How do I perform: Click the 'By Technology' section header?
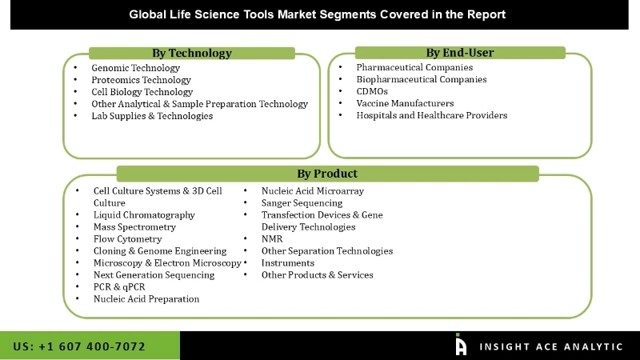[x=192, y=53]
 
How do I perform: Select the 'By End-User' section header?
[x=459, y=53]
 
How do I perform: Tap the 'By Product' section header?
[x=327, y=174]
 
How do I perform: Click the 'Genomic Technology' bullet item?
[x=135, y=68]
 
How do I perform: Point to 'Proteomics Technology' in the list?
[x=141, y=80]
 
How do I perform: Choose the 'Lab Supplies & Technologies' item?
[x=152, y=116]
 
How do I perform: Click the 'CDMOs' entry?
[x=372, y=91]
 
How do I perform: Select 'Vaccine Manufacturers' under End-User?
[x=405, y=103]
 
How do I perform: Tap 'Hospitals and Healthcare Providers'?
[x=431, y=115]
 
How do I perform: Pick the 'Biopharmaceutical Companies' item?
[x=421, y=79]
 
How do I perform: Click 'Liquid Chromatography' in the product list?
[x=144, y=215]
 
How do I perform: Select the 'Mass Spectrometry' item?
[x=134, y=227]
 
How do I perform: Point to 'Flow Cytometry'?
[x=127, y=239]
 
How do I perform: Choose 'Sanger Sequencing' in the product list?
[x=302, y=203]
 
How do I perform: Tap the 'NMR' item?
[x=272, y=238]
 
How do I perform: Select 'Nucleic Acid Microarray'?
[x=313, y=191]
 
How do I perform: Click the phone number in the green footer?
[x=79, y=346]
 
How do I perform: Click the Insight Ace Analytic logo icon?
[x=461, y=345]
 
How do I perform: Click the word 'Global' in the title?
[x=149, y=14]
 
